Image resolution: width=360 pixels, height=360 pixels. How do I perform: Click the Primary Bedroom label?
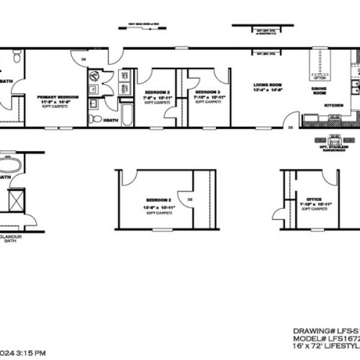[55, 97]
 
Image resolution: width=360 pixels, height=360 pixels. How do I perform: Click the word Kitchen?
[334, 105]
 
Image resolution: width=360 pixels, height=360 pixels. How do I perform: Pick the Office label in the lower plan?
[314, 199]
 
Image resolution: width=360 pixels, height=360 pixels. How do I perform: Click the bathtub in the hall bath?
[127, 114]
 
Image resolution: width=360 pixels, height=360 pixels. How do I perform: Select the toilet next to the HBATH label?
[95, 119]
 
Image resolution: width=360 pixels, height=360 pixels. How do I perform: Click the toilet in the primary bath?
[16, 57]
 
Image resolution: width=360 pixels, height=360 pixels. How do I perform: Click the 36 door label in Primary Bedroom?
[83, 59]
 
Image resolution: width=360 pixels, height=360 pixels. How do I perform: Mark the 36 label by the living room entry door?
[290, 128]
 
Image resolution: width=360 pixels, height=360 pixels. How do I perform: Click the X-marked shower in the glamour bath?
[16, 200]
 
